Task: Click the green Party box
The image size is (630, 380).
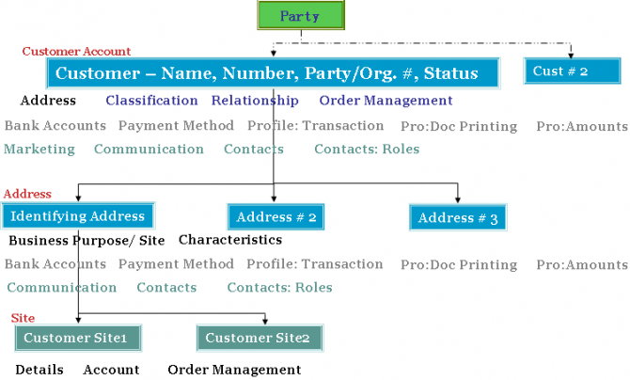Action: point(301,15)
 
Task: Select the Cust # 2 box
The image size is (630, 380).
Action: point(572,71)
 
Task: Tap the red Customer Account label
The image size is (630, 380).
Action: point(76,52)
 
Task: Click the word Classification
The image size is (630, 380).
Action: point(152,100)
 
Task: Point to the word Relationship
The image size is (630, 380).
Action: point(255,101)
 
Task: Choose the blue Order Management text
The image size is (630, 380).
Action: point(386,101)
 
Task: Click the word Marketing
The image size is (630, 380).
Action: point(39,150)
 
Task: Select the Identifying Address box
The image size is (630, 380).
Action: point(78,216)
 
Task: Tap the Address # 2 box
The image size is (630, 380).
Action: point(276,216)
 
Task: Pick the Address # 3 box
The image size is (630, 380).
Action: point(458,217)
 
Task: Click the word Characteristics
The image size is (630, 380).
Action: point(230,240)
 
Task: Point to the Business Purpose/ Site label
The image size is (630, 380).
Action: point(87,241)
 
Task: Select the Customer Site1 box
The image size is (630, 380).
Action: point(78,338)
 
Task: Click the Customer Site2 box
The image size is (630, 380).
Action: point(260,338)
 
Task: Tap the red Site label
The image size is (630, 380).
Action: point(23,318)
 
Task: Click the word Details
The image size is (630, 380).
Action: point(39,370)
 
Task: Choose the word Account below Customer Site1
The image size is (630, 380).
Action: point(111,370)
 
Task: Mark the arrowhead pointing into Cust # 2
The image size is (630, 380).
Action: point(571,55)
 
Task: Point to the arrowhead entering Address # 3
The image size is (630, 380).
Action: point(458,199)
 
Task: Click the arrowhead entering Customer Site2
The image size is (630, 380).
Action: point(265,321)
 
